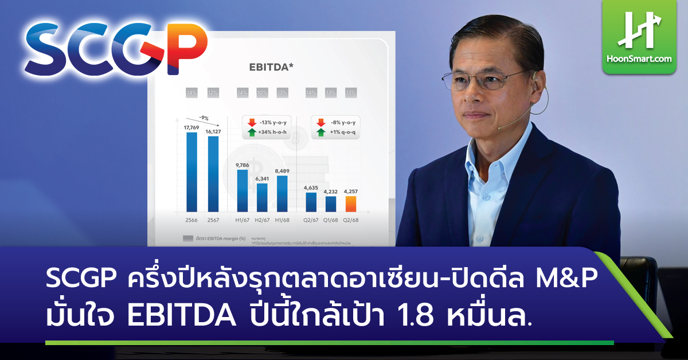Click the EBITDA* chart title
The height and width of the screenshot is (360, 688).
(271, 67)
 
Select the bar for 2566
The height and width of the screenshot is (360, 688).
(191, 172)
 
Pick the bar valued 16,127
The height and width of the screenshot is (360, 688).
(213, 174)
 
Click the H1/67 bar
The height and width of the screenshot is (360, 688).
(243, 190)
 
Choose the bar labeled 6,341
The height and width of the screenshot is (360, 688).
(262, 197)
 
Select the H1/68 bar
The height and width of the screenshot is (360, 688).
(282, 193)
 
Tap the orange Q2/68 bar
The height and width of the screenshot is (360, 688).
(350, 204)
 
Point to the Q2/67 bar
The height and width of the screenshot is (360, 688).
(311, 202)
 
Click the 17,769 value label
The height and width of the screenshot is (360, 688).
(190, 128)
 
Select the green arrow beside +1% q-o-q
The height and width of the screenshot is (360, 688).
(320, 132)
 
